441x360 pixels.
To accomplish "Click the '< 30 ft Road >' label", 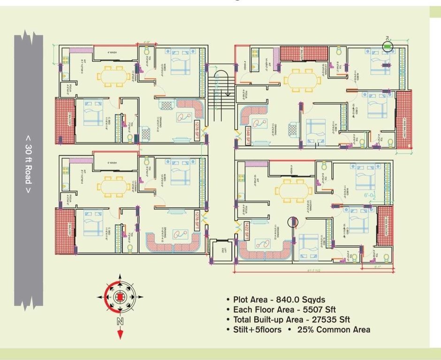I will pyautogui.click(x=29, y=164).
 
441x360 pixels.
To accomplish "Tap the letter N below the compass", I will pyautogui.click(x=120, y=321).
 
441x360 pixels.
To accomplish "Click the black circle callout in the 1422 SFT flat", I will pyautogui.click(x=292, y=222).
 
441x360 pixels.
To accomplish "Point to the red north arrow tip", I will pyautogui.click(x=120, y=335).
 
